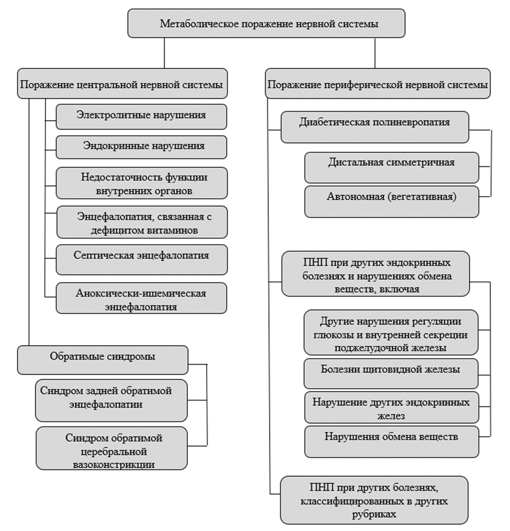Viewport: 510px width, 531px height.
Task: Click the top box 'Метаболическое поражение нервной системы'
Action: coord(269,24)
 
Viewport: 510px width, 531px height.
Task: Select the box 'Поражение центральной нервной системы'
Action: coord(122,84)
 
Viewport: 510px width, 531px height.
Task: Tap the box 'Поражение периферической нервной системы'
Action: coord(378,84)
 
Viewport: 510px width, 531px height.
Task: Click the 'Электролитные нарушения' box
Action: coord(141,116)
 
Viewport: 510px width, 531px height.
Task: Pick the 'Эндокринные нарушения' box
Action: coord(141,148)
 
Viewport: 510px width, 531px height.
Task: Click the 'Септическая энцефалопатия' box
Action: coord(142,257)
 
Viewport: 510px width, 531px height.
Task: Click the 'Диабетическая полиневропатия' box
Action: coord(375,127)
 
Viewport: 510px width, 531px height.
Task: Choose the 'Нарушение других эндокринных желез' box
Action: coord(391,407)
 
